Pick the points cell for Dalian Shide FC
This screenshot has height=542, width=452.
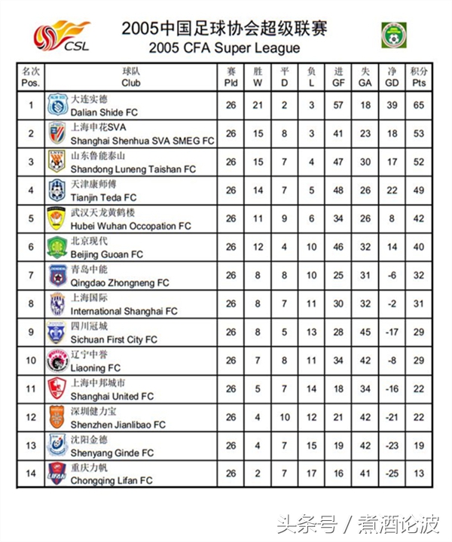pos(419,105)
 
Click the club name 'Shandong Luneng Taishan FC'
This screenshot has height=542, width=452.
pos(133,169)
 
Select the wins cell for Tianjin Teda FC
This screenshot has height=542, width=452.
pos(258,190)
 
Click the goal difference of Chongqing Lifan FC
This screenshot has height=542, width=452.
pos(392,474)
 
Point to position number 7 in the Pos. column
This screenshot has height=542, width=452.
pos(31,276)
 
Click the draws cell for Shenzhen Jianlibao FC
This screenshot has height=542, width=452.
pos(285,417)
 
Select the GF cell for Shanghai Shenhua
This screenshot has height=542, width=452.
pos(338,133)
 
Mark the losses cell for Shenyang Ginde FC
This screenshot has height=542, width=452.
pos(311,446)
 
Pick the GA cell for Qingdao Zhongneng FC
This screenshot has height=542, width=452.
pos(365,276)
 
